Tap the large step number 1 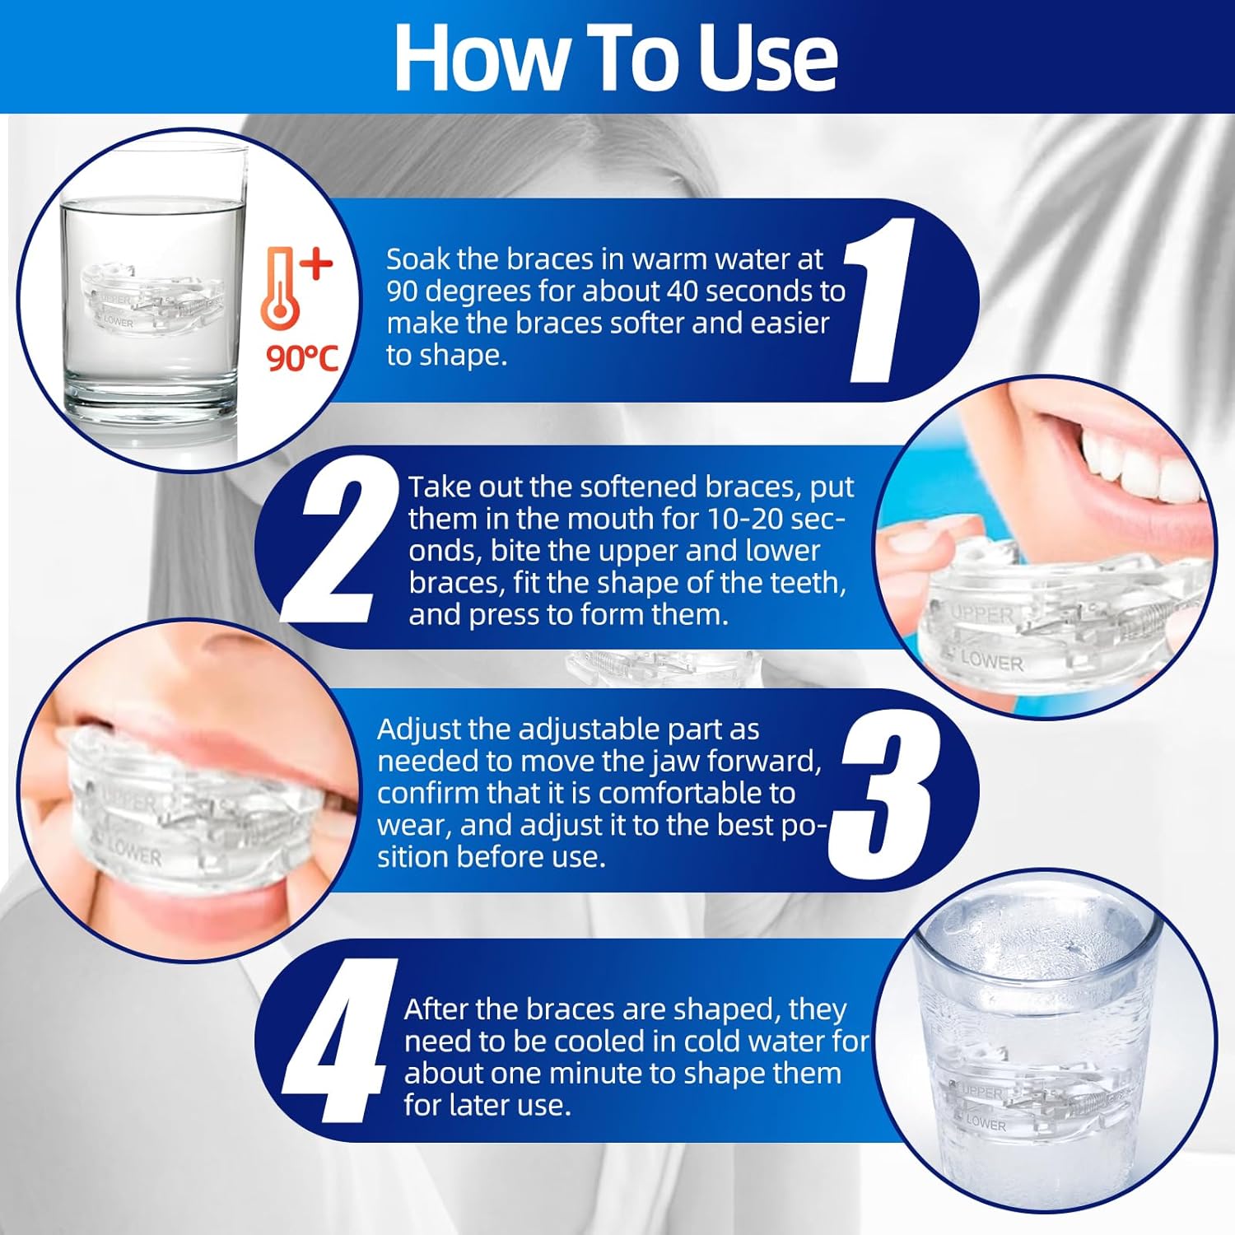click(x=879, y=300)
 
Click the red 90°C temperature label click(x=302, y=358)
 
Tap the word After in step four click(x=438, y=1009)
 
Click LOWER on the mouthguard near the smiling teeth click(x=991, y=660)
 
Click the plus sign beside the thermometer click(x=317, y=264)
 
